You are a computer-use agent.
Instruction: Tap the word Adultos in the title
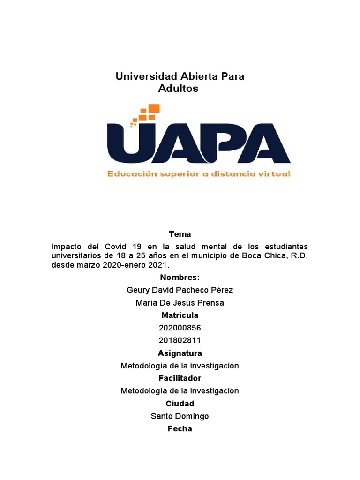coord(179,89)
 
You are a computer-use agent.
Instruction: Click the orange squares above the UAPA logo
coord(147,114)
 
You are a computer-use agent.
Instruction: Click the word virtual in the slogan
coord(275,174)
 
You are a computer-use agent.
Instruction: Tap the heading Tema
coord(180,234)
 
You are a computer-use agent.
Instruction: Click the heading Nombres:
coord(180,277)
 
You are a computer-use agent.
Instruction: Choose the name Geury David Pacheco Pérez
coord(180,290)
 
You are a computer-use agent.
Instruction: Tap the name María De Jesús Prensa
coord(180,303)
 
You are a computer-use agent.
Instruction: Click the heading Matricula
coord(180,315)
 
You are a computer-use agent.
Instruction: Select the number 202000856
coord(180,328)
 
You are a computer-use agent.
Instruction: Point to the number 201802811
coord(180,341)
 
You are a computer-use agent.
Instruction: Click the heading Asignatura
coord(180,353)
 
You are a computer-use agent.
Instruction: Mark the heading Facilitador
coord(180,378)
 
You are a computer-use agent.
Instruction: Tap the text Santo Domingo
coord(180,416)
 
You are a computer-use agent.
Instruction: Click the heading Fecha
coord(180,429)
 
